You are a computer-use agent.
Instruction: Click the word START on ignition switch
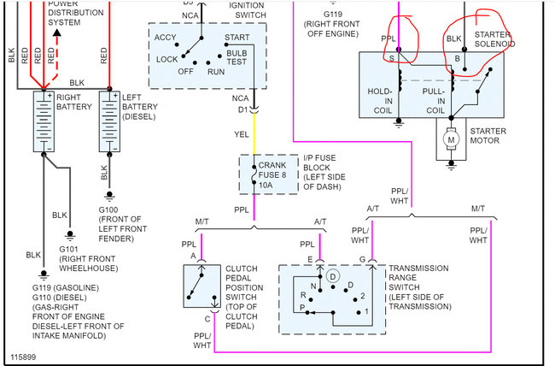(x=237, y=38)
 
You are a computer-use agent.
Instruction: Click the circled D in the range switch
(x=334, y=276)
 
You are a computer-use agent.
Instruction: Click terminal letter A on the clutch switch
(x=194, y=257)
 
